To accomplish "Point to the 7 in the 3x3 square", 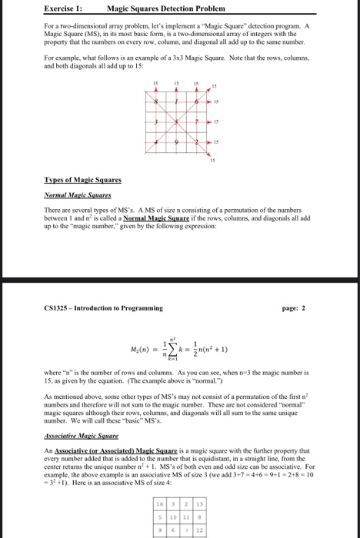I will [197, 122].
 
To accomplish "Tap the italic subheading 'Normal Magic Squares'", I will [72, 195].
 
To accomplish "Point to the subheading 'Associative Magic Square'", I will [79, 434].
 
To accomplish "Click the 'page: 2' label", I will [295, 308].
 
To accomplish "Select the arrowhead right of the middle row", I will [208, 122].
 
